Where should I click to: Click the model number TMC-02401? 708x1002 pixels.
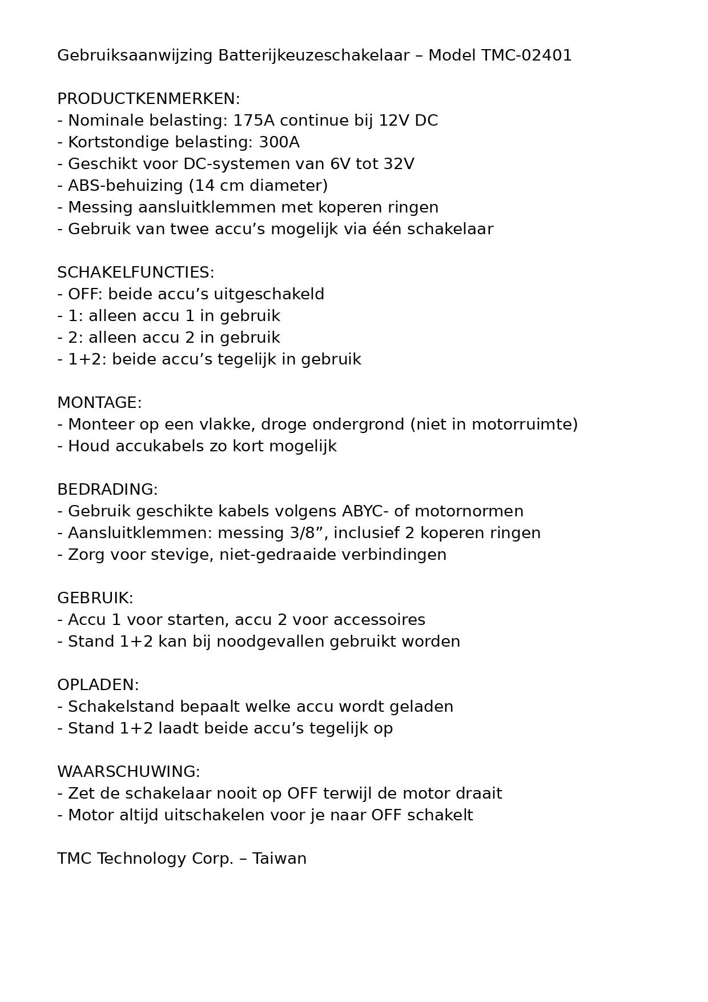[x=526, y=55]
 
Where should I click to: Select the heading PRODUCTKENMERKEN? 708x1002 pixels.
[x=148, y=99]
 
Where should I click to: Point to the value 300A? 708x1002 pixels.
[x=279, y=142]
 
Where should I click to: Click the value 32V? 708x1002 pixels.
[x=399, y=164]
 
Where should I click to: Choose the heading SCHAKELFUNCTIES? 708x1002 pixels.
[x=135, y=272]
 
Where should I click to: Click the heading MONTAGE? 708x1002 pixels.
[x=99, y=403]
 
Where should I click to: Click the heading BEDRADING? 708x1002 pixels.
[x=107, y=490]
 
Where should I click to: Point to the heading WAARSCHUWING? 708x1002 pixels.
[x=128, y=772]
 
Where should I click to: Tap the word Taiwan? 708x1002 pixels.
[x=279, y=859]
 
